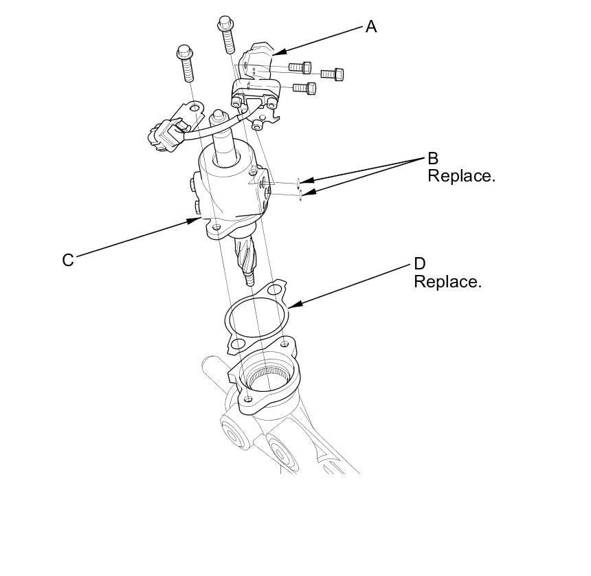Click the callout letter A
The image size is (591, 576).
point(371,27)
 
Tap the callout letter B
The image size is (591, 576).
point(433,159)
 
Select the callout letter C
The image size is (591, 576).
point(68,261)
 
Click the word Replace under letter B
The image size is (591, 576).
point(461,176)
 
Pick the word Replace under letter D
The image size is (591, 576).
point(447,282)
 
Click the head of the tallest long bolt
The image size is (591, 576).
point(225,23)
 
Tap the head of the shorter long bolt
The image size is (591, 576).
point(184,52)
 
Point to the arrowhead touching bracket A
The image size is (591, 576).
point(276,52)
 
